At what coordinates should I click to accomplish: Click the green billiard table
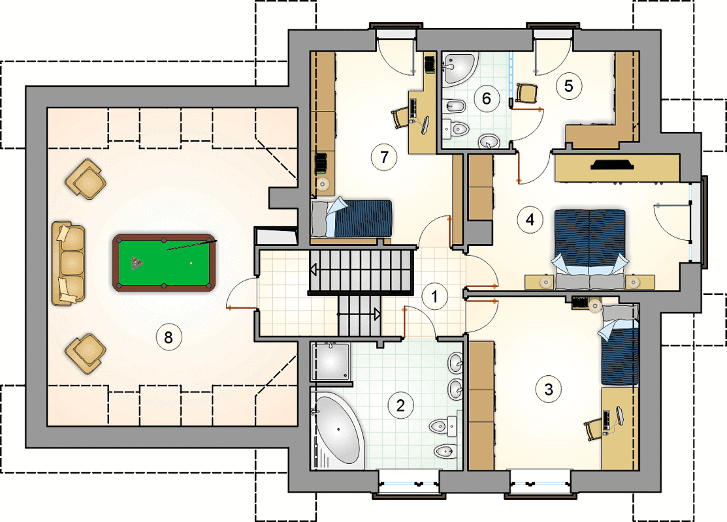(x=164, y=262)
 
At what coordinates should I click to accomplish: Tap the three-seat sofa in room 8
(x=68, y=263)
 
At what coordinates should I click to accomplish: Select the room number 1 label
(x=434, y=296)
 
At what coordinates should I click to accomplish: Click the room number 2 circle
(x=400, y=405)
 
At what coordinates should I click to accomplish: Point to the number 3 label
(x=549, y=389)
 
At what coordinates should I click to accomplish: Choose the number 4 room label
(x=530, y=219)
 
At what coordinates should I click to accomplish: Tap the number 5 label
(x=568, y=85)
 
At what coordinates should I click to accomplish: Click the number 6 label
(x=487, y=98)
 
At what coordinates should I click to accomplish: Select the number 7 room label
(x=384, y=157)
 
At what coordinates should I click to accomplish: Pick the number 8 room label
(x=169, y=337)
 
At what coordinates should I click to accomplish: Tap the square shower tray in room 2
(x=331, y=361)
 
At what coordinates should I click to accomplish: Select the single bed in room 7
(x=351, y=218)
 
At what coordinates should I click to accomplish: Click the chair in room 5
(x=526, y=93)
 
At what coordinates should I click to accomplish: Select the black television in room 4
(x=613, y=164)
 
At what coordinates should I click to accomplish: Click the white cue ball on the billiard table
(x=191, y=264)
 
